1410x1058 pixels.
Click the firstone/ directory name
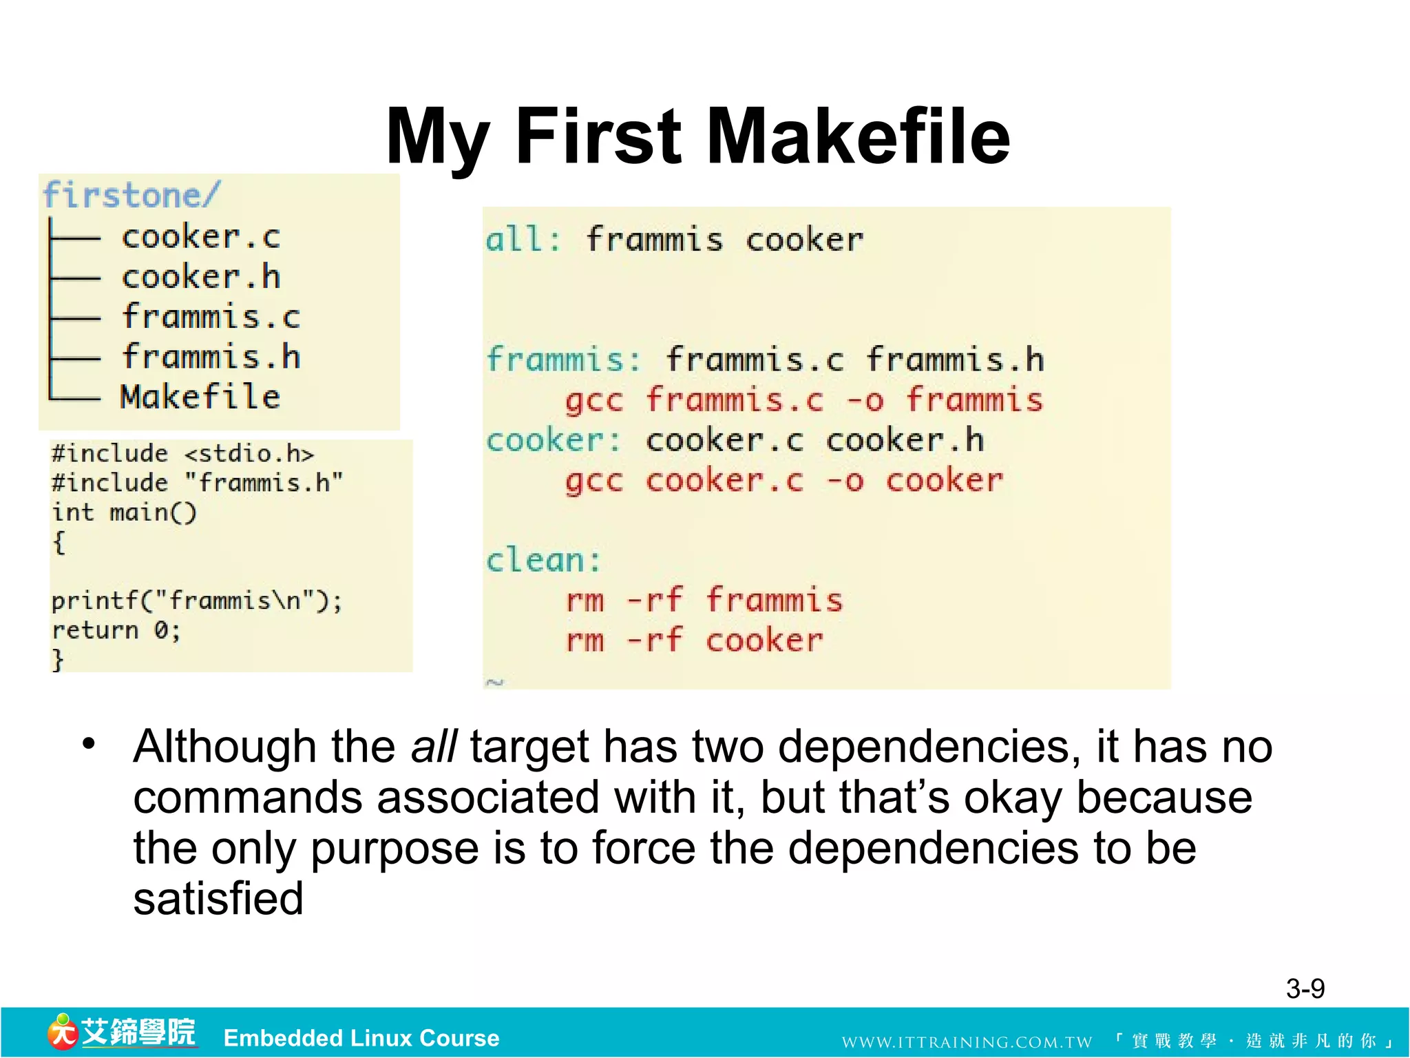131,195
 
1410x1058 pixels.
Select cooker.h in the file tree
201,277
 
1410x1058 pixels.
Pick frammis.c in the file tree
211,317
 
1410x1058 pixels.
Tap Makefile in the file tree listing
200,397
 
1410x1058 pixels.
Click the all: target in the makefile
523,240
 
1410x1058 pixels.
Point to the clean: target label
543,560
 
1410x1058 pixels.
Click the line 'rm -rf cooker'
694,640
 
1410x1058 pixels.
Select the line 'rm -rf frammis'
704,600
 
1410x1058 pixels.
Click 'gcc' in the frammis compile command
594,400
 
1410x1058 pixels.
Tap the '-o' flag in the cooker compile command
844,480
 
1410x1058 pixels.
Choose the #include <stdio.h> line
182,453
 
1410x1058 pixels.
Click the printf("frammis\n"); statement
196,601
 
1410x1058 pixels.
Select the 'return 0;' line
116,630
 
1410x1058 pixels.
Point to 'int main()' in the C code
124,512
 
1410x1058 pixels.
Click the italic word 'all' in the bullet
433,746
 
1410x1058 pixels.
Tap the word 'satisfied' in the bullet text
218,898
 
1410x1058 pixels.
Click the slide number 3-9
1305,988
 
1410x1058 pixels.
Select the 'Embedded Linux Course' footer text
361,1037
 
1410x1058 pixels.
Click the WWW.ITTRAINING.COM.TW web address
967,1041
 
